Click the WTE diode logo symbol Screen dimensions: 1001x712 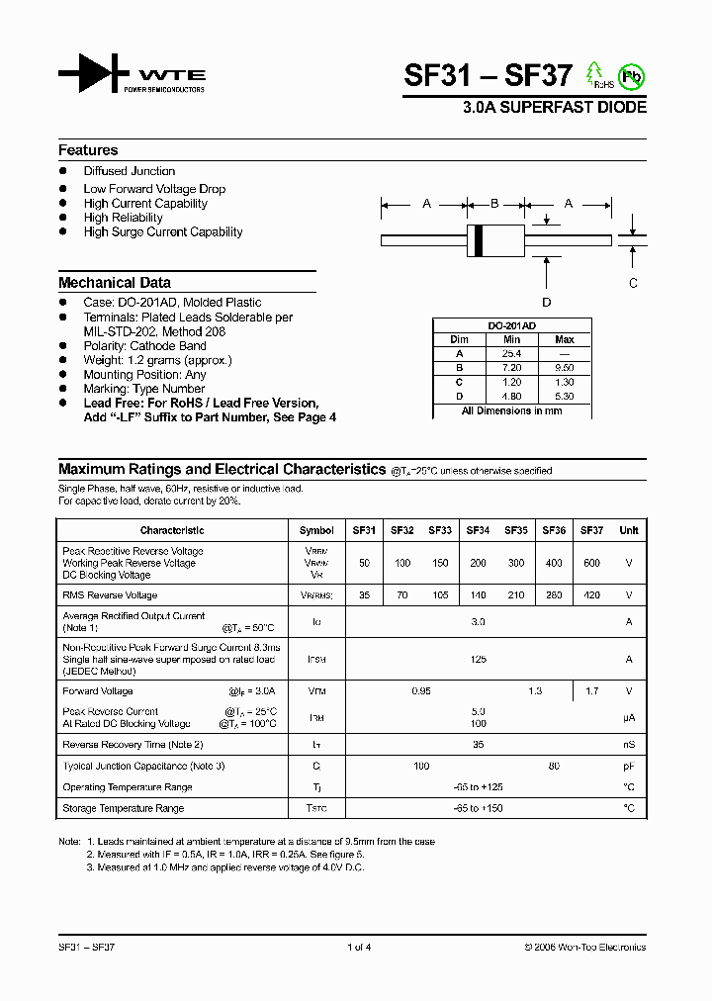point(93,75)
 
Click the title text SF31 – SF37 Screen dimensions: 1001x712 point(488,76)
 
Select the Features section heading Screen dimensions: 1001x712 point(88,150)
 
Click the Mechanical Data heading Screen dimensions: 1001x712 point(114,282)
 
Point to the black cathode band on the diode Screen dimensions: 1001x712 point(480,239)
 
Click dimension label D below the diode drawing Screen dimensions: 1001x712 point(546,302)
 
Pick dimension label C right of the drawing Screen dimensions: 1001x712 point(633,282)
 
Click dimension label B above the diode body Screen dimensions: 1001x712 point(494,204)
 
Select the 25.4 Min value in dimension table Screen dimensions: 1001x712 point(511,353)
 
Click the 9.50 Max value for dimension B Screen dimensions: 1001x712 point(565,367)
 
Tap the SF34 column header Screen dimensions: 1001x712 point(478,530)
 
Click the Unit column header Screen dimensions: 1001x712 point(629,530)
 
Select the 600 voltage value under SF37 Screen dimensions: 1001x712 point(591,563)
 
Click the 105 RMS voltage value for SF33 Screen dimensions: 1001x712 point(440,595)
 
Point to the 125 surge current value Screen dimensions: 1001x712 point(479,659)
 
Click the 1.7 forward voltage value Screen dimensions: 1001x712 point(591,691)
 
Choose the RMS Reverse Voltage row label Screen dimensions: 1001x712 point(110,595)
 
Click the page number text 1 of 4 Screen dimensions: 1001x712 point(359,947)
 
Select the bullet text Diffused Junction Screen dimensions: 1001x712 point(130,171)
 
